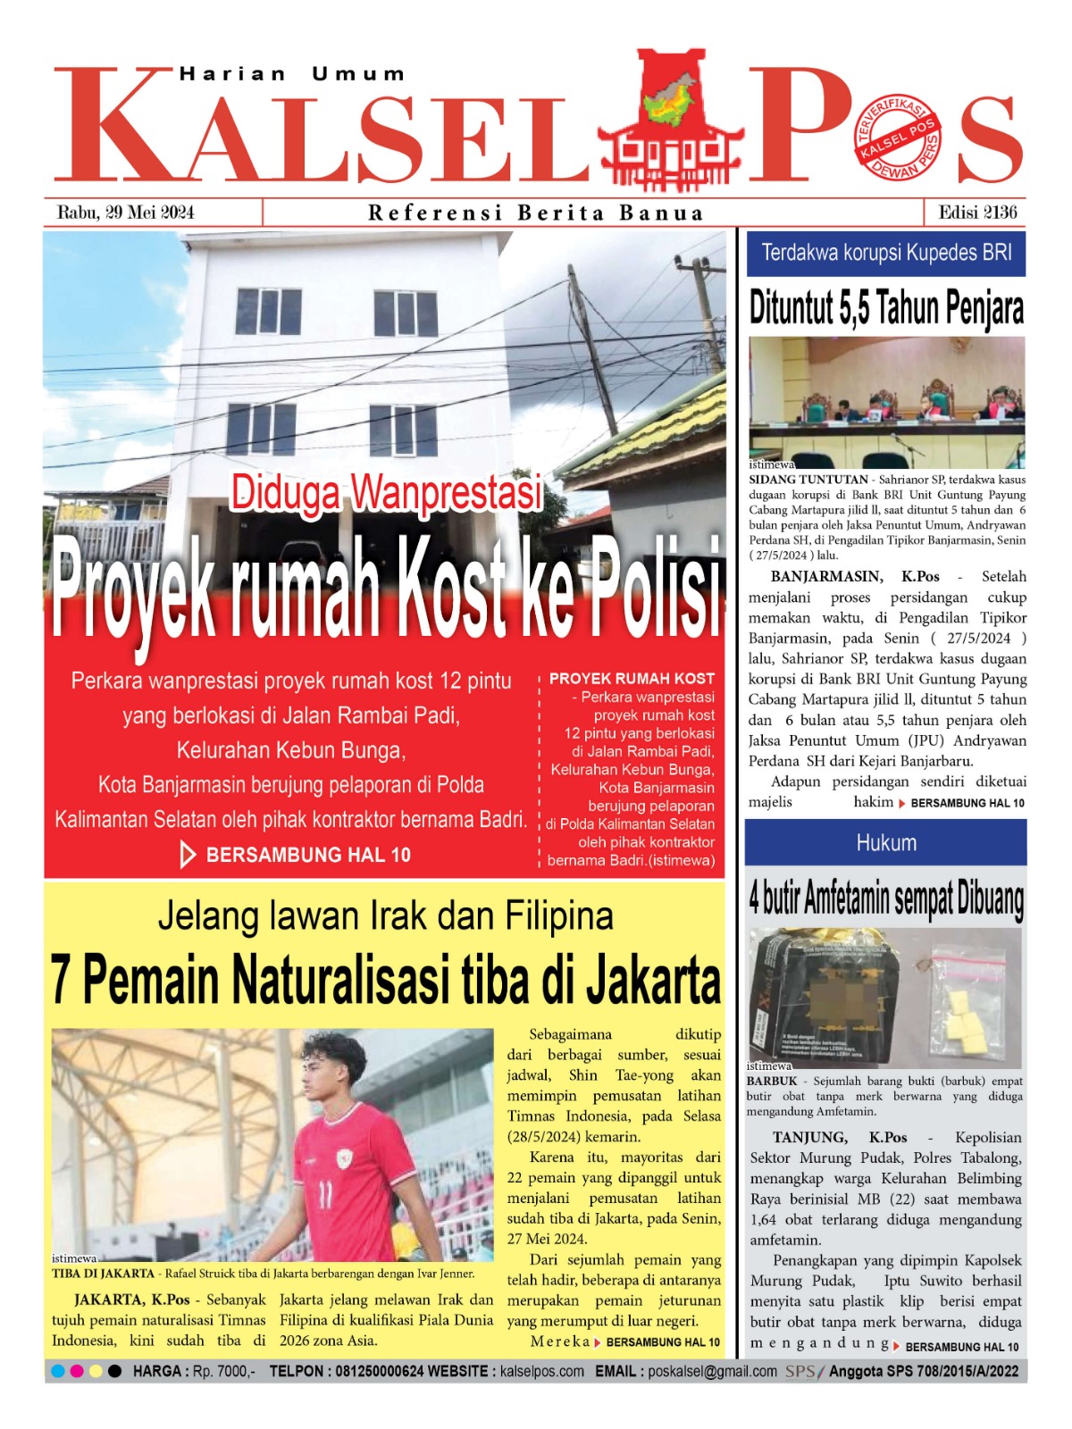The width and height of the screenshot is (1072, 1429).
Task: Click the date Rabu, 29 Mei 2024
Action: (x=125, y=213)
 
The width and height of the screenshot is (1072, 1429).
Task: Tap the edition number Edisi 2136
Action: (x=977, y=213)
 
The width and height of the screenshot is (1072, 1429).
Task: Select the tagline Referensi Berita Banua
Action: (x=536, y=213)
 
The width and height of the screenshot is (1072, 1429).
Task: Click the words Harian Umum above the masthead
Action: (x=292, y=74)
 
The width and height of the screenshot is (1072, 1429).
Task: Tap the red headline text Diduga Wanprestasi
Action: (x=386, y=493)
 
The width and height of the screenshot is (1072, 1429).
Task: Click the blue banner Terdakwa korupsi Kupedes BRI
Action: (x=885, y=253)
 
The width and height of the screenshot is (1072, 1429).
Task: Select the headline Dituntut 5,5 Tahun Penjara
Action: (x=885, y=308)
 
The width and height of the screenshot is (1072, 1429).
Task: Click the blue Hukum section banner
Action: (x=885, y=842)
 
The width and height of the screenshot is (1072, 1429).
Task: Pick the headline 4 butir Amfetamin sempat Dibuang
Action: (x=885, y=898)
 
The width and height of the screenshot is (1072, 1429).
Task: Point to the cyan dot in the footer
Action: (x=58, y=1371)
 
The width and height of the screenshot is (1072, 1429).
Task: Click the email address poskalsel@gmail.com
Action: (x=712, y=1371)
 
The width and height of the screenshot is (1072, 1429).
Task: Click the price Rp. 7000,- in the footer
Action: (x=223, y=1371)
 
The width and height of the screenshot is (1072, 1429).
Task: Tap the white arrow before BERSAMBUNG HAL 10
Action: (x=188, y=855)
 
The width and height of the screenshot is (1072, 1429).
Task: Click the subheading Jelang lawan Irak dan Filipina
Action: (x=385, y=916)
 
